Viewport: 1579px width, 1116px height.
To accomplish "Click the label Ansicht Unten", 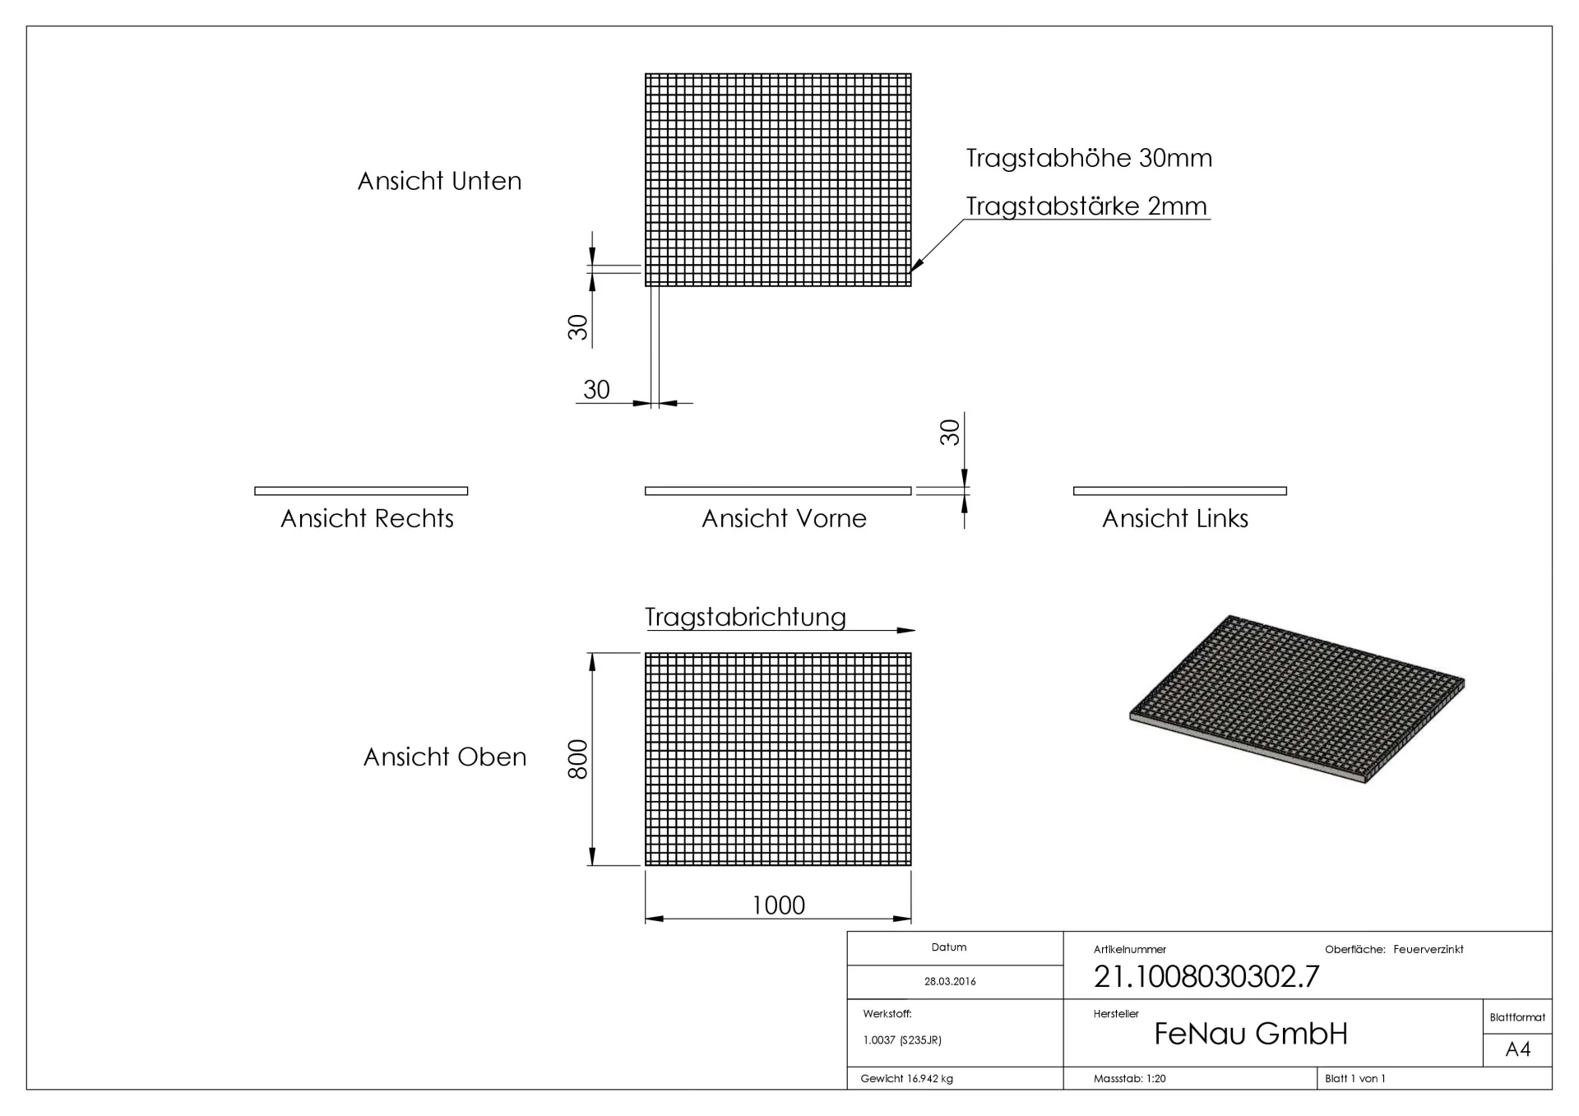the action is point(439,181).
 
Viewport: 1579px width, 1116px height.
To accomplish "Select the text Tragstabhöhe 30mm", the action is point(1089,158).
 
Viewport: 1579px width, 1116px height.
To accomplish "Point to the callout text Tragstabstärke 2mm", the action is point(1086,206).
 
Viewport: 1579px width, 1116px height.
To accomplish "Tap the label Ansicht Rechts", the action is point(367,518).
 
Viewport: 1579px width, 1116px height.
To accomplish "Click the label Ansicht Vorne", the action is point(784,518).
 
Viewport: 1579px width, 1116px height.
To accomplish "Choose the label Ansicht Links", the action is point(1175,518).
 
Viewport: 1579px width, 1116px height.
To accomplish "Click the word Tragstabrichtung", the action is point(745,617).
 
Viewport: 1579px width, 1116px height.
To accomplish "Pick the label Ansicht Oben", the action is point(445,757).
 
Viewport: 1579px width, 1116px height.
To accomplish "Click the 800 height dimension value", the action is point(578,759).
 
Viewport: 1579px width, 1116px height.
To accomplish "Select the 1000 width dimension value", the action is point(778,905).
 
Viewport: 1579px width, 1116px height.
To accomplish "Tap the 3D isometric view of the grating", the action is point(1297,699).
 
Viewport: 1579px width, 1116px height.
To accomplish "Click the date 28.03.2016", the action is point(950,981).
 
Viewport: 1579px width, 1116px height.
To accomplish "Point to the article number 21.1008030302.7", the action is point(1206,976).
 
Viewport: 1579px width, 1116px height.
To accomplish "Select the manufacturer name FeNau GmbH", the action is point(1251,1034).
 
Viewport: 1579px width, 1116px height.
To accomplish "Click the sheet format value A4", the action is point(1517,1049).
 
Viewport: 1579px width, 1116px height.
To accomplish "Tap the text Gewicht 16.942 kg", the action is point(906,1078).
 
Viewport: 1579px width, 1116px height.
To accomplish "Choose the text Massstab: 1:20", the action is point(1129,1078).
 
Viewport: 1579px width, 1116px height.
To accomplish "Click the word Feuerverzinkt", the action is point(1429,949).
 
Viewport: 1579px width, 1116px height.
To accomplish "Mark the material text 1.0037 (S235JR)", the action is point(902,1040).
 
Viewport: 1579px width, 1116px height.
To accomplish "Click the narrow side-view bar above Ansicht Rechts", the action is point(361,491).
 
